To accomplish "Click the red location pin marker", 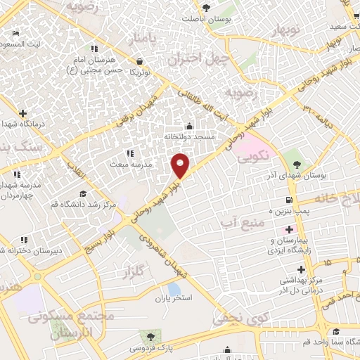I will click(x=181, y=165).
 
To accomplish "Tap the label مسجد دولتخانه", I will click(x=188, y=136).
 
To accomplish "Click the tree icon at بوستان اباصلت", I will click(x=206, y=8).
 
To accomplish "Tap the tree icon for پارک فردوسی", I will click(x=147, y=335).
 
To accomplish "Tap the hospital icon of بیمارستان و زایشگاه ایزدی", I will click(x=288, y=229).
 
